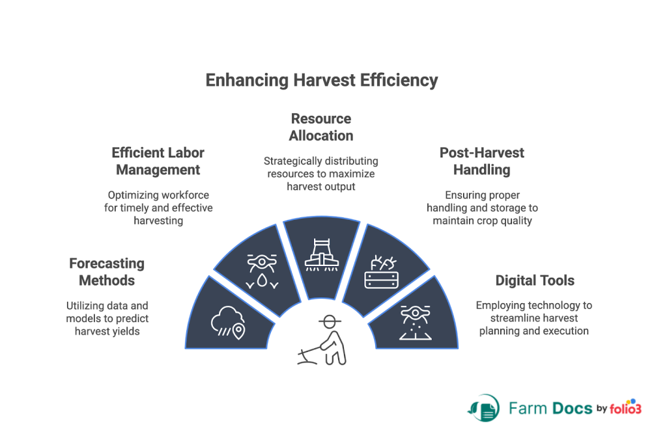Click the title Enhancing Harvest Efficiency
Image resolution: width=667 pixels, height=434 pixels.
pyautogui.click(x=321, y=81)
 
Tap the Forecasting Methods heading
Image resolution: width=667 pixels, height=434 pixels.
pyautogui.click(x=107, y=272)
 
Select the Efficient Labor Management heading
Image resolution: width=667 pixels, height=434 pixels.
pyautogui.click(x=158, y=161)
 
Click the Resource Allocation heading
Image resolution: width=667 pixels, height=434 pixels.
pyautogui.click(x=321, y=127)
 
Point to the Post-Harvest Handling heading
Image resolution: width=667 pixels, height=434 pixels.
pyautogui.click(x=481, y=161)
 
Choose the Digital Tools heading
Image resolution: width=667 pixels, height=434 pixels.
pyautogui.click(x=535, y=281)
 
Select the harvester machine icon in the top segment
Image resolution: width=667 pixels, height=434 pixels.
pyautogui.click(x=321, y=254)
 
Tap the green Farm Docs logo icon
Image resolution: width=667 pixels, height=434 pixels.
pyautogui.click(x=483, y=408)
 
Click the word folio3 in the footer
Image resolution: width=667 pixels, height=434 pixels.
pyautogui.click(x=627, y=408)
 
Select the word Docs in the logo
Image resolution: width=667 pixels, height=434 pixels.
pyautogui.click(x=571, y=409)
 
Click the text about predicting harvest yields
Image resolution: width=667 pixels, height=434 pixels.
pyautogui.click(x=107, y=318)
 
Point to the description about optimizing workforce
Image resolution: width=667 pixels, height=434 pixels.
pyautogui.click(x=158, y=208)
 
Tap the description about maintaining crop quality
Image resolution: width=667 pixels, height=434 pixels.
pyautogui.click(x=482, y=208)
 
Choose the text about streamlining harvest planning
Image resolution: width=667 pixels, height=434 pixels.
pyautogui.click(x=534, y=318)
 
